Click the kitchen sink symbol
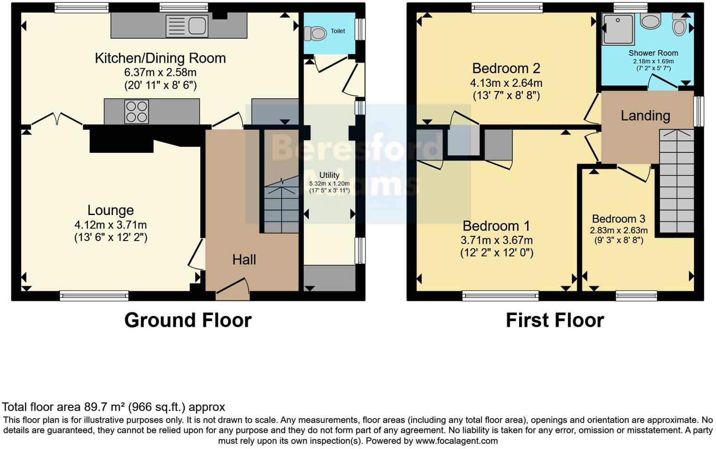point(187,26)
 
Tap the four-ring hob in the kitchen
point(137,112)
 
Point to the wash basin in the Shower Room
point(651,21)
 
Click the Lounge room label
point(111,210)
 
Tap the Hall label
point(244,259)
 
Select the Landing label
point(645,116)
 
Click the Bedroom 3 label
point(618,219)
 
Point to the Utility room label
point(329,175)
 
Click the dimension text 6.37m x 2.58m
point(160,73)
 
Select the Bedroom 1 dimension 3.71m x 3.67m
point(496,240)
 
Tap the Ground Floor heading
point(188,320)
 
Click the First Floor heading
point(554,320)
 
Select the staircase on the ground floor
point(281,208)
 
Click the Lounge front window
point(94,296)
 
